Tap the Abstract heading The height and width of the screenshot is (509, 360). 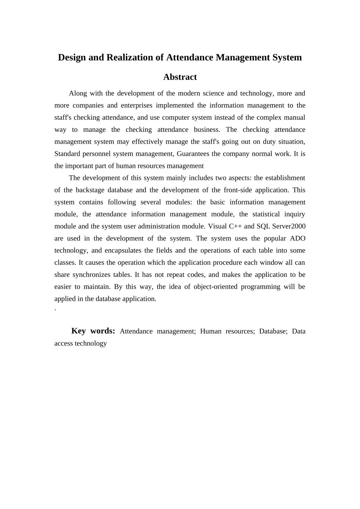point(180,77)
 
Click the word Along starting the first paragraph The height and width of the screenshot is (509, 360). point(78,94)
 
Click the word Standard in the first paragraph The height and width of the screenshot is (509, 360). point(67,154)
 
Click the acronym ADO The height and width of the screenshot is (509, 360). point(297,239)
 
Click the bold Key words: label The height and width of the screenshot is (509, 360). point(93,331)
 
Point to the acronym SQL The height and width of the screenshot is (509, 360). point(263,226)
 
